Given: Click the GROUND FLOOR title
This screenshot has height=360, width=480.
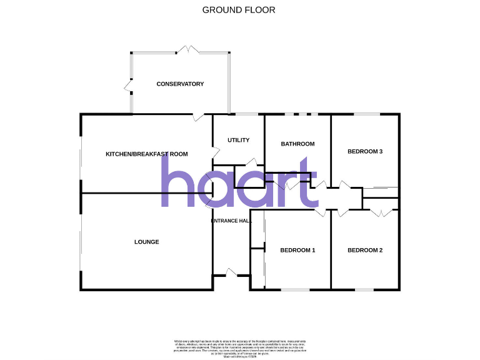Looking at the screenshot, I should (239, 10).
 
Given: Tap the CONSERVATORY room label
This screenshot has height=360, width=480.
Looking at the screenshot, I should (180, 84).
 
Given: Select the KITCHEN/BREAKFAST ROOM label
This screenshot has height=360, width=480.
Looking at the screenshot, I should (146, 154).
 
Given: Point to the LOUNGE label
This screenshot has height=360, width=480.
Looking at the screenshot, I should (146, 242).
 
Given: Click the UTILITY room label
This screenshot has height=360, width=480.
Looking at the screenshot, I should (239, 140).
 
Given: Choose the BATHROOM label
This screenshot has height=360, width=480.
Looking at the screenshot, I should (297, 144).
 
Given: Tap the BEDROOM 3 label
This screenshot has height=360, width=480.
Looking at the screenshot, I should (365, 151).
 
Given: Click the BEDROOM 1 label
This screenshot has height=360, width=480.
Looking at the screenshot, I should (297, 251).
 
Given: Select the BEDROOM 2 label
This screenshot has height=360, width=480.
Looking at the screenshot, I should (365, 251).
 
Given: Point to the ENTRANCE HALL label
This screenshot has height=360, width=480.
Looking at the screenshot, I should (231, 221).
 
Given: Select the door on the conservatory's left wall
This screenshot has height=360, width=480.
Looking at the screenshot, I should (129, 86).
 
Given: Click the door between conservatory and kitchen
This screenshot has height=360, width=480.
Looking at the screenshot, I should (198, 116).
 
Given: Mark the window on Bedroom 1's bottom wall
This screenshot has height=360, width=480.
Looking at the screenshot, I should (295, 289).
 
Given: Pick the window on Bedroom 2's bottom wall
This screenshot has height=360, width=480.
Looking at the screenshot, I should (364, 289).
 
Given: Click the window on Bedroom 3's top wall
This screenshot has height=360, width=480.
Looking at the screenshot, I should (366, 114).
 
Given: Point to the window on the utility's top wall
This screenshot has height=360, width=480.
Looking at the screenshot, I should (246, 114).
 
